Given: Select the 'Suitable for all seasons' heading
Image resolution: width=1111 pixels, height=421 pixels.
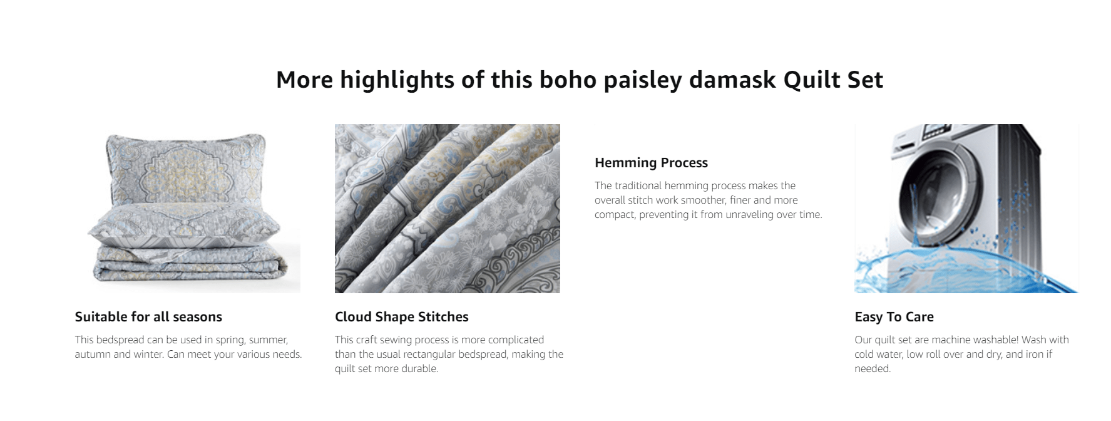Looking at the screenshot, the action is [x=148, y=317].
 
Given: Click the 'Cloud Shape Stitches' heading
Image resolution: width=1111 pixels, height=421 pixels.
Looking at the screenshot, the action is [x=402, y=317].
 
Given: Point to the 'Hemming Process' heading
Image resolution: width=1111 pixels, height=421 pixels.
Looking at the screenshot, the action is [x=651, y=163].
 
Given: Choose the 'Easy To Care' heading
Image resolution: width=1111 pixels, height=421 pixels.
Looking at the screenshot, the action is [x=894, y=317].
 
